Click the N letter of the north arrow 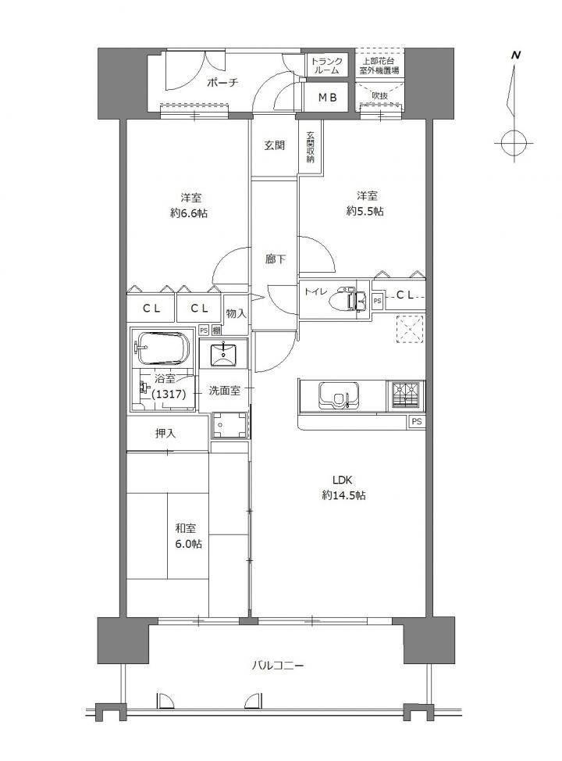516,55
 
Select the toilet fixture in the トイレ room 347,300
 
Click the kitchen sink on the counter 339,396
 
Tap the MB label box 326,97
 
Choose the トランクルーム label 326,66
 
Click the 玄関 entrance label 274,145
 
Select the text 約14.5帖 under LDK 343,495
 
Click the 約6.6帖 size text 189,213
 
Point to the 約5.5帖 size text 365,211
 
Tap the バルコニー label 278,666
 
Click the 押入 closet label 165,434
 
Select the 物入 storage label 237,313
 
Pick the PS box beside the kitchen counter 416,422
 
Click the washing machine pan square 229,425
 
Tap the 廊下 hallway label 275,259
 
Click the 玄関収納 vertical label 310,148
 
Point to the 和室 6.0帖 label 189,536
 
